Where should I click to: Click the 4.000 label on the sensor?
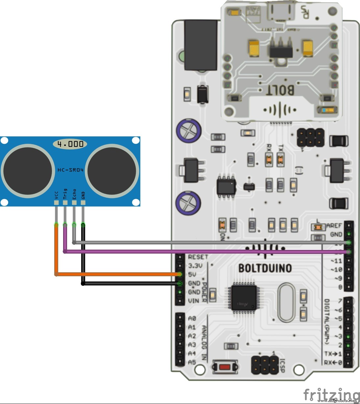point(70,144)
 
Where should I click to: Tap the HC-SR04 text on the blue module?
point(70,170)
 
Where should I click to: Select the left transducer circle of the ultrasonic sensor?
point(28,170)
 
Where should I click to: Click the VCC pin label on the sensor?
point(57,195)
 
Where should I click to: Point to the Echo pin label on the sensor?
point(74,194)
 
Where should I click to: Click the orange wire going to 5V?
point(115,274)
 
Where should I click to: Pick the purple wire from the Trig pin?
point(197,252)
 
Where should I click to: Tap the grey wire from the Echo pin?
point(197,242)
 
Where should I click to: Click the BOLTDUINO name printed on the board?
point(265,268)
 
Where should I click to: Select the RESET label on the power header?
point(198,257)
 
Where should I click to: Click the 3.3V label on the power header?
point(195,265)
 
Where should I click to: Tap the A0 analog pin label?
point(192,318)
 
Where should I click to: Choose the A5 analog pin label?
point(192,362)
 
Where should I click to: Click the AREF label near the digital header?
point(334,226)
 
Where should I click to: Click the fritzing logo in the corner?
point(330,393)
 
